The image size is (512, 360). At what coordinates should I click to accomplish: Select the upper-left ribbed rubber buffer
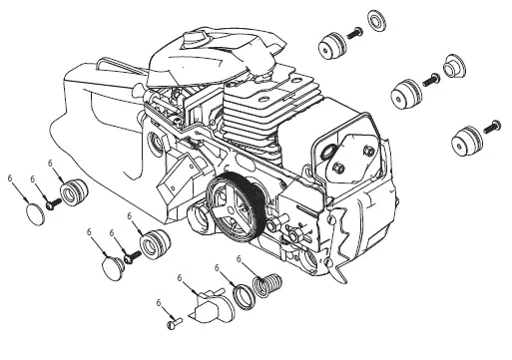point(75,191)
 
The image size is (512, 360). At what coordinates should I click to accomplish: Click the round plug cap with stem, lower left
point(111,264)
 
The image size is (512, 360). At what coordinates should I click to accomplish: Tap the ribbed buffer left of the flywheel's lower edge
point(154,243)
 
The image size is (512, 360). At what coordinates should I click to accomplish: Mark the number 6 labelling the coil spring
point(238,259)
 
